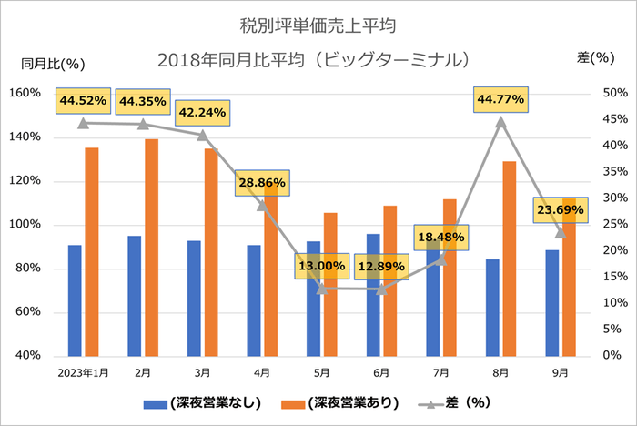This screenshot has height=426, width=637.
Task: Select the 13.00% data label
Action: [x=321, y=268]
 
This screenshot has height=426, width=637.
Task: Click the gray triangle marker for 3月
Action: [x=203, y=135]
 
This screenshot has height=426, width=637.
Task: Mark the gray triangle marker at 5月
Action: [x=322, y=289]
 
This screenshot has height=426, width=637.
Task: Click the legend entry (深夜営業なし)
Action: [x=202, y=401]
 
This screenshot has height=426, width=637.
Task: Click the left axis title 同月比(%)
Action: [x=53, y=64]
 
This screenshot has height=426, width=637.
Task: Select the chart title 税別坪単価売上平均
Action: [x=318, y=20]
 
